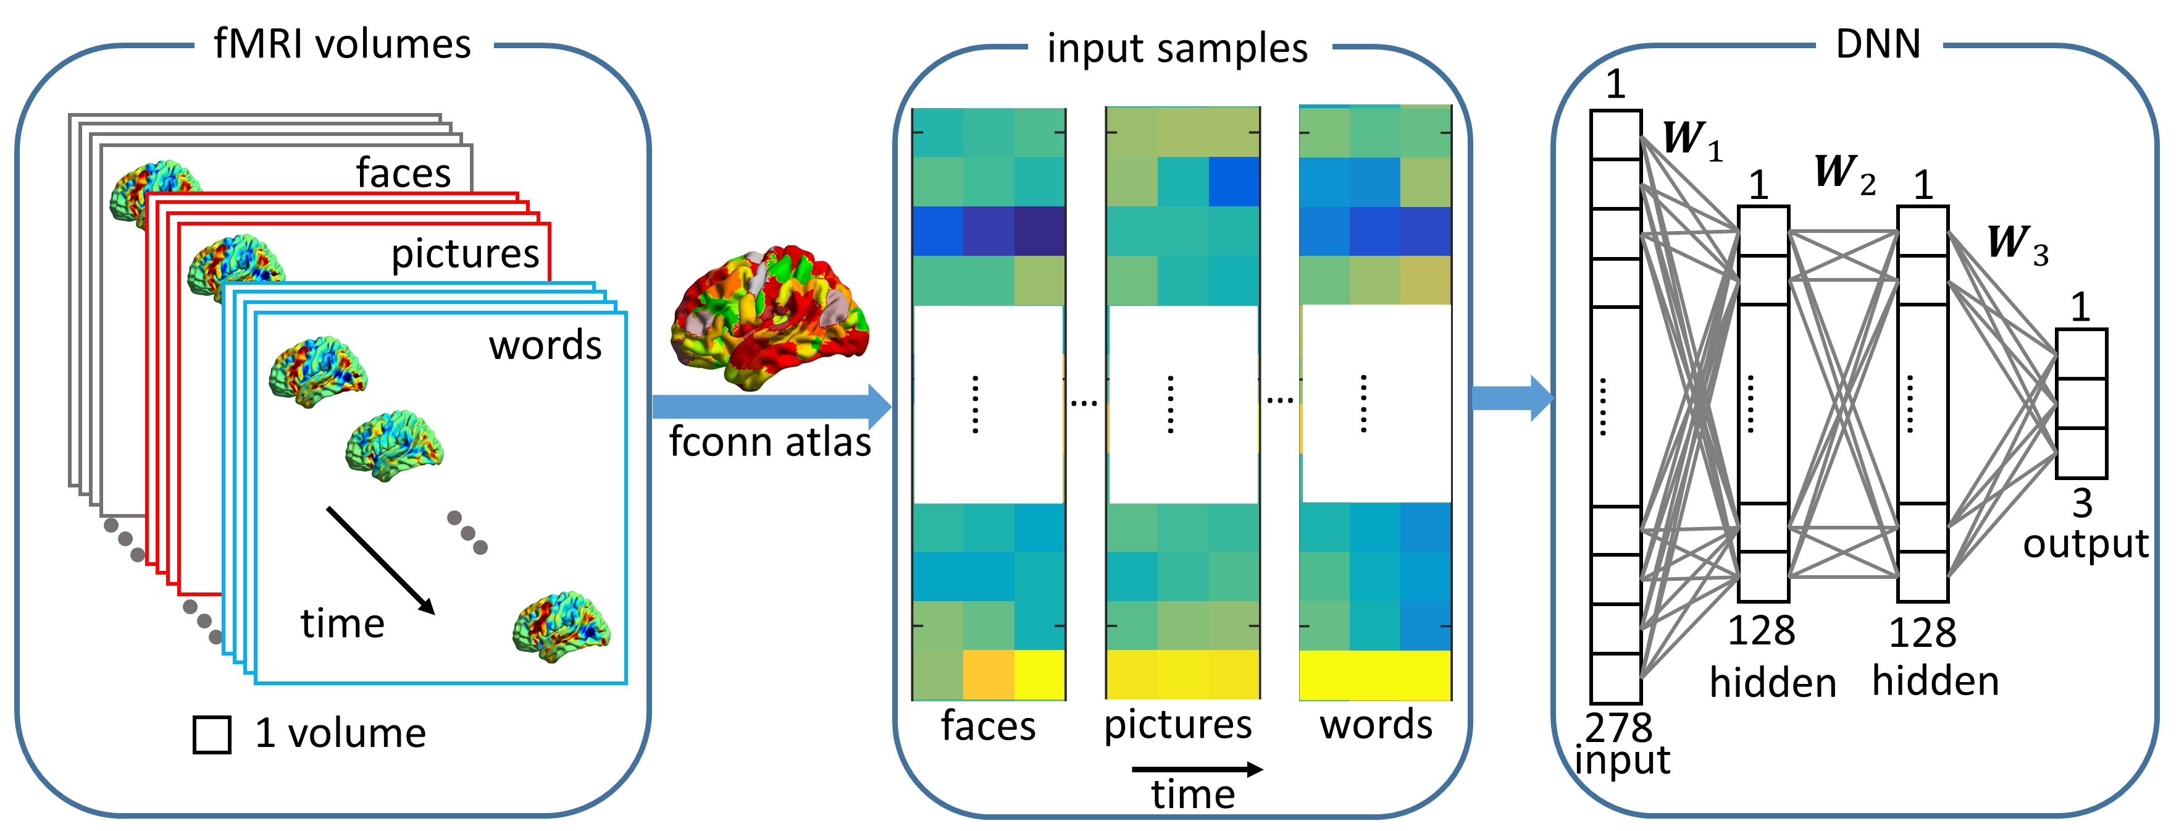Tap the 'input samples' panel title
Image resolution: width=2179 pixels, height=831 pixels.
coord(1177,48)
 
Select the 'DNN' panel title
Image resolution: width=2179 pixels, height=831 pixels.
coord(1878,44)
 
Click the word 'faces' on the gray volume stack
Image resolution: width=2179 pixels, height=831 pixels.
coord(403,172)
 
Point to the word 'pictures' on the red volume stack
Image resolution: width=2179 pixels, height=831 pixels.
coord(464,253)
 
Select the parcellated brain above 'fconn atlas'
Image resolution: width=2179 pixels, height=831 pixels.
coord(768,318)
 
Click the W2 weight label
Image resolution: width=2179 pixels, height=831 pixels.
coord(1844,174)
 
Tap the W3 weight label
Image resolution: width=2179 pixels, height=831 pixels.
coord(2017,243)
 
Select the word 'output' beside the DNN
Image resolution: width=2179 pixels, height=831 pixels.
coord(2085,544)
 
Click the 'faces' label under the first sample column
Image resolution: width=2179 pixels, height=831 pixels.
coord(988,726)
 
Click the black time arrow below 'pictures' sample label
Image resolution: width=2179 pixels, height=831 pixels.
coord(1196,769)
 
